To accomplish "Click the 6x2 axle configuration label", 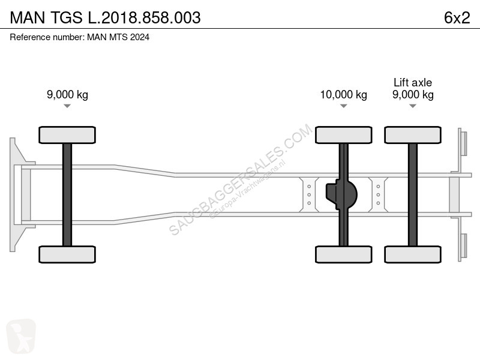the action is click(457, 17).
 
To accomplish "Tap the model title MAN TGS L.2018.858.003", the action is click(106, 17).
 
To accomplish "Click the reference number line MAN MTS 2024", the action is click(80, 37).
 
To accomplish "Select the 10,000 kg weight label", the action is click(343, 95).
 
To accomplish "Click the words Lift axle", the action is click(413, 82).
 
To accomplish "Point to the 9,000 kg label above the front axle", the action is click(67, 94).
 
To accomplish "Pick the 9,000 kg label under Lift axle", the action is click(413, 95).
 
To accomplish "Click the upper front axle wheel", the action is click(67, 135).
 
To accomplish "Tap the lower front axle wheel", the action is click(67, 254).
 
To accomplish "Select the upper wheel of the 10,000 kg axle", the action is click(343, 135).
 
